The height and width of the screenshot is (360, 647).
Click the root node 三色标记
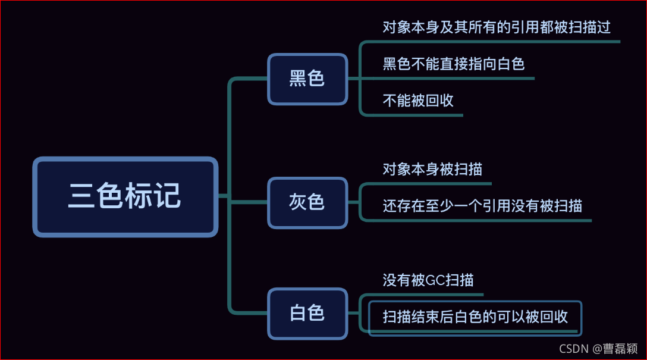click(125, 196)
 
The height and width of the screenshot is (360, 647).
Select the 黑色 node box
click(307, 79)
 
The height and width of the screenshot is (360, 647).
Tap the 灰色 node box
click(307, 202)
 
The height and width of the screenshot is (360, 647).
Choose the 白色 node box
click(307, 314)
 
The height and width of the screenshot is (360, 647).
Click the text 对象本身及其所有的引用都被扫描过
click(497, 27)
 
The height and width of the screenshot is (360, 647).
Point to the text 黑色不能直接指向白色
click(453, 64)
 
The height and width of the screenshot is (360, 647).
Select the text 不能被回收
click(418, 101)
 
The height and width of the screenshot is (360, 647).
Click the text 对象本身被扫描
click(432, 169)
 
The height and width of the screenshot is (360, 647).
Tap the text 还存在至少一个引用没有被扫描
click(482, 206)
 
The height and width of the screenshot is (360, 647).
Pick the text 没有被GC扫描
click(428, 280)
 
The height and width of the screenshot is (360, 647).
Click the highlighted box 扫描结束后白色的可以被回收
click(475, 317)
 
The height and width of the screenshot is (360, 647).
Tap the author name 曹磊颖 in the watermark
click(621, 349)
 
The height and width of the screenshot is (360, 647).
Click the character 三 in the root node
click(82, 196)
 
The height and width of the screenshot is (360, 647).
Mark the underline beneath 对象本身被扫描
click(434, 183)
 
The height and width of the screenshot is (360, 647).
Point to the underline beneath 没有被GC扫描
click(428, 294)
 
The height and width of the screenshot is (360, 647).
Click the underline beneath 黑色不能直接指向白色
click(458, 78)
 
